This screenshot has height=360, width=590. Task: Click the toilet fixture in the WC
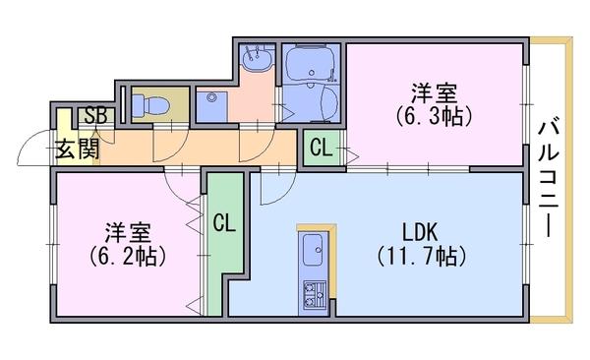click(x=148, y=105)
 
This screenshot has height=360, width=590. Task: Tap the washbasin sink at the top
click(x=257, y=59)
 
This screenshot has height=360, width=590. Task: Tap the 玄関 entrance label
click(x=78, y=149)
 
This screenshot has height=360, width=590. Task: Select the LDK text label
click(x=420, y=232)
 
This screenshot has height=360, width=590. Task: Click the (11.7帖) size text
click(x=422, y=257)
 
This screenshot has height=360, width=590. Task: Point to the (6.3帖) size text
click(x=434, y=117)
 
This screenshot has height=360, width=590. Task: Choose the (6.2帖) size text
click(x=128, y=257)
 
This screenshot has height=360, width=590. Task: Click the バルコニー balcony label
click(x=549, y=179)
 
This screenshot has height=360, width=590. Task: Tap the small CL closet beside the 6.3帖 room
click(x=322, y=148)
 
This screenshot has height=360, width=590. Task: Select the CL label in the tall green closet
click(x=224, y=223)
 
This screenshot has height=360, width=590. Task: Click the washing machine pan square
click(x=211, y=107)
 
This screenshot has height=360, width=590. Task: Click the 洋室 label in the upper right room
click(x=434, y=93)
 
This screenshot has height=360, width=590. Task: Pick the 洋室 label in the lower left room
click(x=128, y=233)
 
